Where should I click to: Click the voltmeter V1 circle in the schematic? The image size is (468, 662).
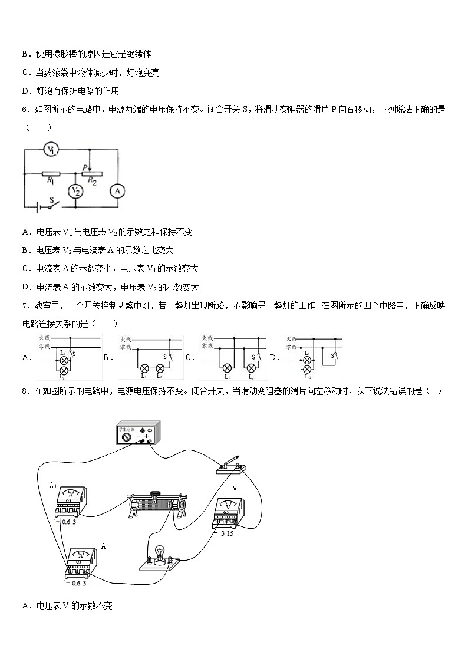(x=51, y=150)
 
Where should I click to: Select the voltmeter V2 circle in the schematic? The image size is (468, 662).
(x=75, y=190)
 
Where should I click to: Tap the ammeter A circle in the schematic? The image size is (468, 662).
(x=117, y=190)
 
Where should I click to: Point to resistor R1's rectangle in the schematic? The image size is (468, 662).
(x=51, y=173)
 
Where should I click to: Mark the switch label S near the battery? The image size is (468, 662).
(x=51, y=200)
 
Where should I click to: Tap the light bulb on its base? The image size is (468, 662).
(x=158, y=554)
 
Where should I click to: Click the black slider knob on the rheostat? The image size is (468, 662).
(x=156, y=494)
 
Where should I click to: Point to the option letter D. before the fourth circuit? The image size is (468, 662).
(x=274, y=357)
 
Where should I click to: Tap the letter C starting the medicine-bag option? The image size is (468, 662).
(x=25, y=73)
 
